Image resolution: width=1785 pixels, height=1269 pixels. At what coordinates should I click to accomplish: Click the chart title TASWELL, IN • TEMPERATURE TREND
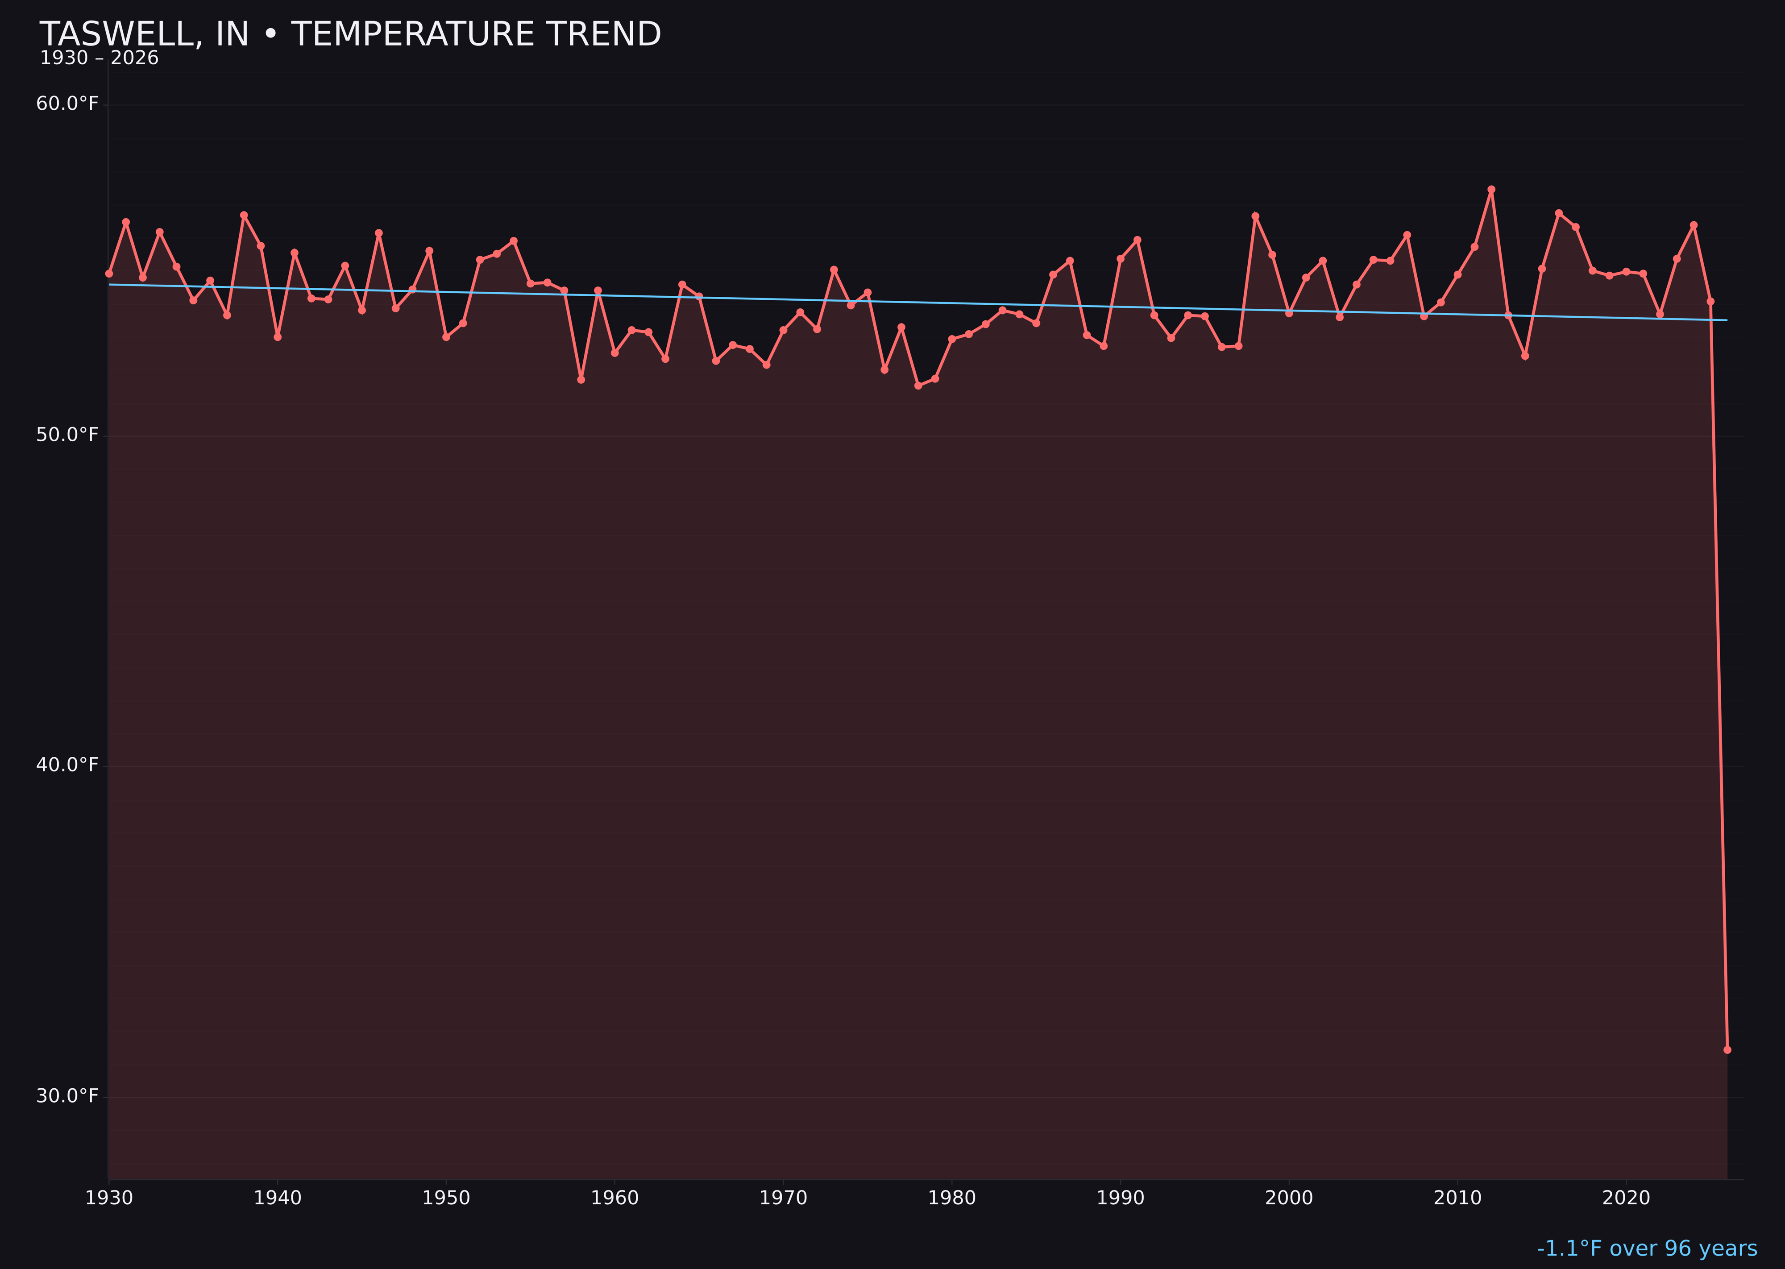350,34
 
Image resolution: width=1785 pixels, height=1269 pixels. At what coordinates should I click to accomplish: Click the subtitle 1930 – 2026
99,58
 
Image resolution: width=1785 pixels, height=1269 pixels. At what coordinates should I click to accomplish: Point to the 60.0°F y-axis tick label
67,104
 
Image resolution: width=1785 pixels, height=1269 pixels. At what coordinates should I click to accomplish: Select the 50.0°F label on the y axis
67,435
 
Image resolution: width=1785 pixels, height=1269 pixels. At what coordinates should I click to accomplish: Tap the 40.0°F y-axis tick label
67,765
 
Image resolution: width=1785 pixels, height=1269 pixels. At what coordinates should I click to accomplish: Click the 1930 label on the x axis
109,1198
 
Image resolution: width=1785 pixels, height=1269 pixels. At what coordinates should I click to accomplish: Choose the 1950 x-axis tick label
446,1198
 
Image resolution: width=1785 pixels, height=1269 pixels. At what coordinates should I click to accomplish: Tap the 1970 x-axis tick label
783,1198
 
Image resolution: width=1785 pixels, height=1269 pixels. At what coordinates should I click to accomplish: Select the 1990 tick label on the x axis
1121,1198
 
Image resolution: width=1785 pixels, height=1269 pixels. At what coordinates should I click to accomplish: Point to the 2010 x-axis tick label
1457,1198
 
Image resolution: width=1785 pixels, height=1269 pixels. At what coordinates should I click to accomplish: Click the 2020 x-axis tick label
1626,1198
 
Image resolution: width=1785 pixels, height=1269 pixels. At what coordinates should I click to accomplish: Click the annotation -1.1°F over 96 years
1647,1248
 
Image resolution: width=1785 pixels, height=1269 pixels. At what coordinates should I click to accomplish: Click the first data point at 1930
109,274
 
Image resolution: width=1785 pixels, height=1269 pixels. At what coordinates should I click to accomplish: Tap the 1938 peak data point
244,215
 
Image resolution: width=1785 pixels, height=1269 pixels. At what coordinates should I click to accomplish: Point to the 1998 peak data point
1255,216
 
